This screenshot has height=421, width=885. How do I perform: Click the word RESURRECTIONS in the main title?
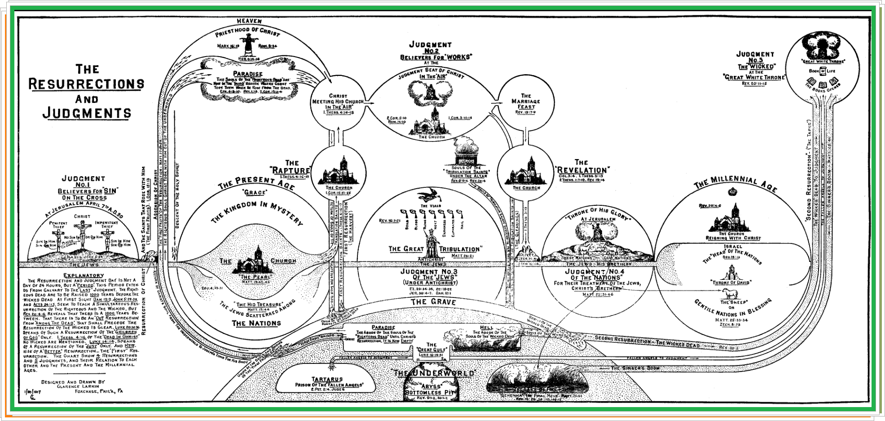(86, 84)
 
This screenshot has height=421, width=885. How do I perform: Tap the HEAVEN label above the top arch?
(249, 21)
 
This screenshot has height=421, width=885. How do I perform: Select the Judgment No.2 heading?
(430, 48)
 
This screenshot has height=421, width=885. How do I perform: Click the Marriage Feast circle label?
(526, 102)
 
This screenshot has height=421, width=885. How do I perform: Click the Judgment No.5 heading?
(755, 57)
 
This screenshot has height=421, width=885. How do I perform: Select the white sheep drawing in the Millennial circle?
(731, 293)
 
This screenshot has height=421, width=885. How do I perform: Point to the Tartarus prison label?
(327, 380)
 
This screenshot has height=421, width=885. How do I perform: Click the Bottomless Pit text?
(430, 392)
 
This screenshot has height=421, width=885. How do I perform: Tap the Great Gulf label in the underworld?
(431, 350)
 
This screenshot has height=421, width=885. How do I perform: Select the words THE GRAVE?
(433, 302)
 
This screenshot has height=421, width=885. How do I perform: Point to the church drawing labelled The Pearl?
(254, 261)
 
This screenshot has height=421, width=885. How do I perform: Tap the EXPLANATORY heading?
(84, 275)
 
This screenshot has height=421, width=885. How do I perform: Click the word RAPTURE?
(291, 171)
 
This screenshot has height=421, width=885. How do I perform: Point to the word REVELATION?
(582, 170)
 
